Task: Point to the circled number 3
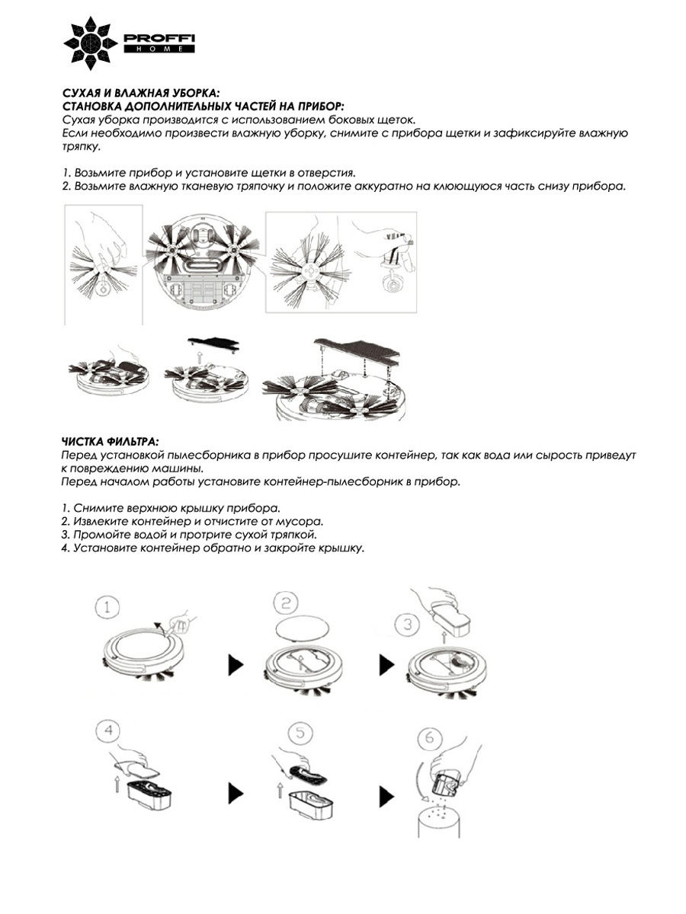[x=409, y=625]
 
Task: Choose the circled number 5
[x=300, y=733]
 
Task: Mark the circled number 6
[x=431, y=740]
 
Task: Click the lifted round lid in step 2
[x=303, y=631]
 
